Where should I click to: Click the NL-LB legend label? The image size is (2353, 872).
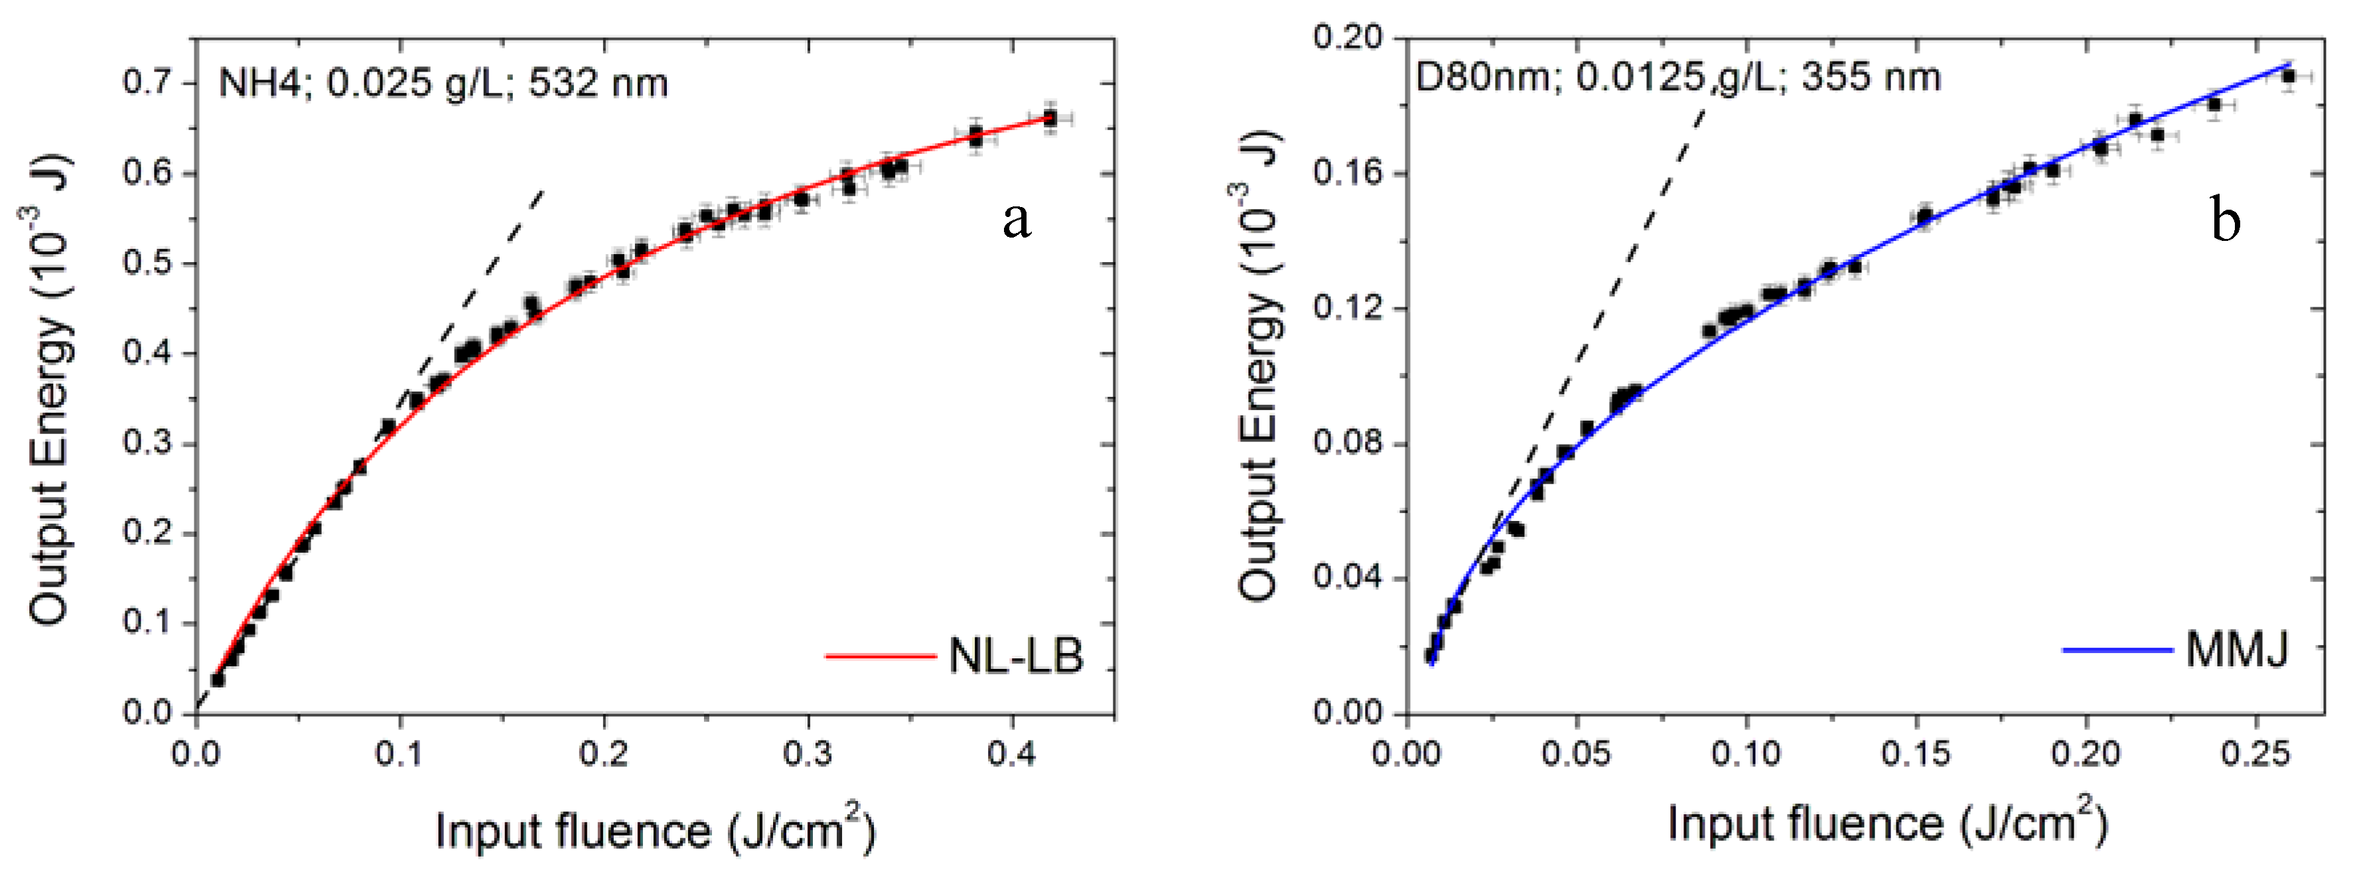[x=1016, y=656]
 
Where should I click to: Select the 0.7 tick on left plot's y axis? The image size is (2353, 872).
[x=147, y=82]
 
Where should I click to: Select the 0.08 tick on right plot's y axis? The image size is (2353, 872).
[x=1348, y=444]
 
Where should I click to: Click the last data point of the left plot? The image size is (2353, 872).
[x=1050, y=119]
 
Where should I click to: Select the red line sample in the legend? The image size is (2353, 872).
[x=880, y=656]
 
